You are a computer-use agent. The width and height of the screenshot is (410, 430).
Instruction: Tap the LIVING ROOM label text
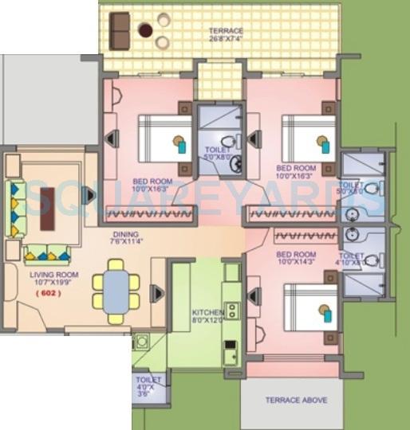pyautogui.click(x=49, y=279)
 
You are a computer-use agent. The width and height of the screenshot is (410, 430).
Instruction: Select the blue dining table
pyautogui.click(x=116, y=292)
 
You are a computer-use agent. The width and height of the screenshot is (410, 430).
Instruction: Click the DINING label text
pyautogui.click(x=125, y=237)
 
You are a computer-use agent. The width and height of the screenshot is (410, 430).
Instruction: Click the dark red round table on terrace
pyautogui.click(x=144, y=30)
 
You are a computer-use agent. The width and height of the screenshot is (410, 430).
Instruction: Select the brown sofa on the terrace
pyautogui.click(x=120, y=31)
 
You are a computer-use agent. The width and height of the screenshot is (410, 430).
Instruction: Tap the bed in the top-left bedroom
pyautogui.click(x=164, y=139)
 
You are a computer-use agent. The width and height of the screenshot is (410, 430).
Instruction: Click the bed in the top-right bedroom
pyautogui.click(x=307, y=139)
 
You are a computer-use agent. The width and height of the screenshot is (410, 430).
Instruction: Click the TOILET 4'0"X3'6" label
pyautogui.click(x=148, y=385)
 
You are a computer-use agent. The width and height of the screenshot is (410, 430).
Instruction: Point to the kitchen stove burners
pyautogui.click(x=231, y=310)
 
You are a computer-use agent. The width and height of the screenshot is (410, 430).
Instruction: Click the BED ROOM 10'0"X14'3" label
pyautogui.click(x=296, y=260)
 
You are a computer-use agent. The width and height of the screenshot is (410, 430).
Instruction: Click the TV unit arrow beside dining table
pyautogui.click(x=157, y=294)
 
